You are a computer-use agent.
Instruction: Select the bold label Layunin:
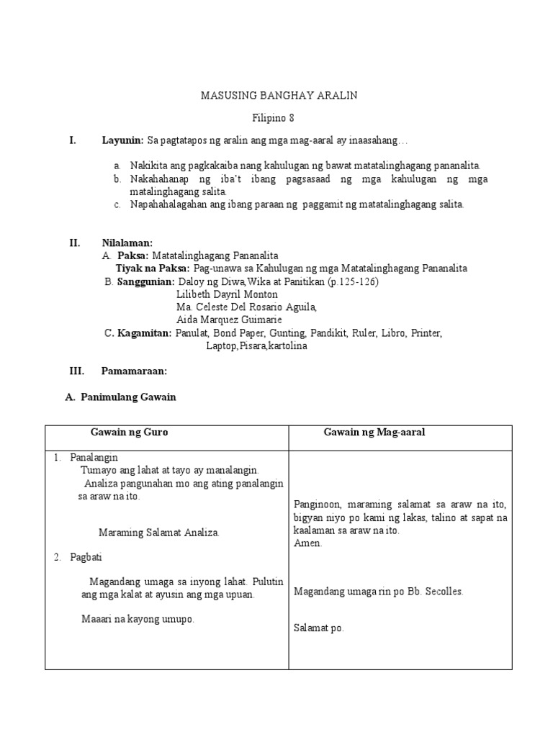pyautogui.click(x=123, y=140)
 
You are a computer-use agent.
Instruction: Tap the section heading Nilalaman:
pyautogui.click(x=127, y=243)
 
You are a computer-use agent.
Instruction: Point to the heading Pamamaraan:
pyautogui.click(x=135, y=371)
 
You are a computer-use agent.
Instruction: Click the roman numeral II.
pyautogui.click(x=74, y=243)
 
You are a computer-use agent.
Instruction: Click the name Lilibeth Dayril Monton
pyautogui.click(x=226, y=294)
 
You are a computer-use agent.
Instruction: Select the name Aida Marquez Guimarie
pyautogui.click(x=229, y=320)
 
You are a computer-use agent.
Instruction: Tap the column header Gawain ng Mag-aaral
pyautogui.click(x=374, y=432)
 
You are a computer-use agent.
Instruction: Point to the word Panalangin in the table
pyautogui.click(x=94, y=458)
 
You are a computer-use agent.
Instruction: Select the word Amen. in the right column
pyautogui.click(x=308, y=543)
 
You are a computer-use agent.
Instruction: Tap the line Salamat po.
pyautogui.click(x=319, y=628)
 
